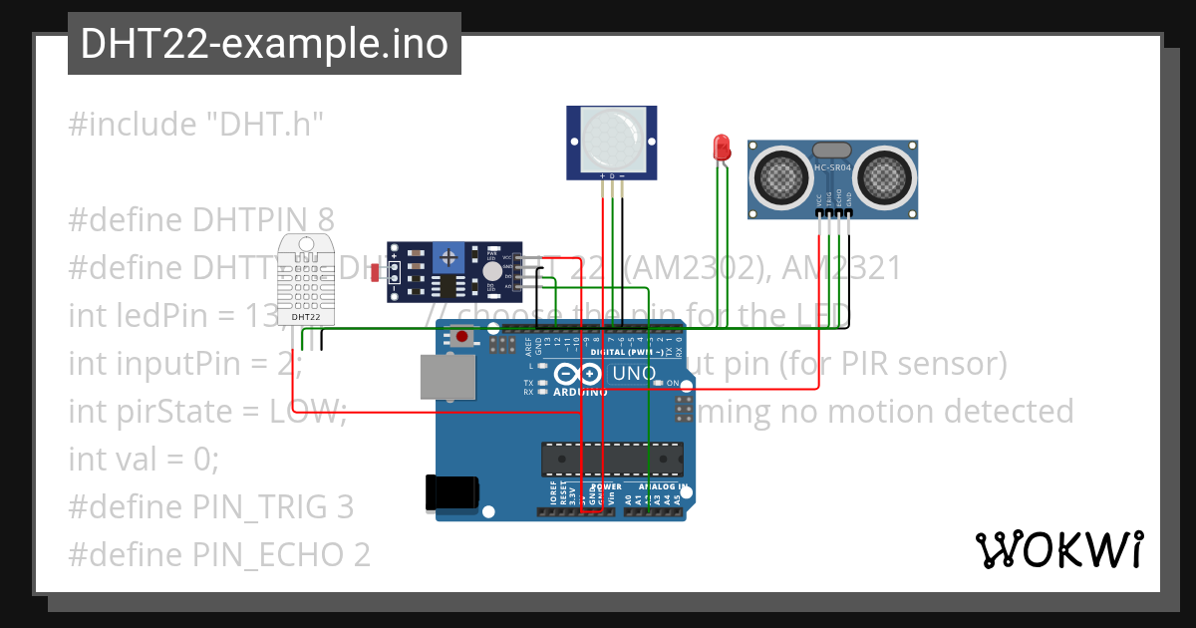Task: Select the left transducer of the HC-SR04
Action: click(x=781, y=177)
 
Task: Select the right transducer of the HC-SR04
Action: click(x=883, y=177)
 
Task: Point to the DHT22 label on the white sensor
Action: click(x=305, y=318)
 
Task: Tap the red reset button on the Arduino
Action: click(x=461, y=338)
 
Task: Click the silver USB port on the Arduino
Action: click(x=448, y=377)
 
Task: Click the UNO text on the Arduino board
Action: click(x=632, y=374)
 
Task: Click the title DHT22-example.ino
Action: click(x=264, y=44)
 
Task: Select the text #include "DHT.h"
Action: click(x=196, y=125)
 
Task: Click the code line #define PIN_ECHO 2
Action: click(x=219, y=554)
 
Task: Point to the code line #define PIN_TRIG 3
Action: click(x=211, y=506)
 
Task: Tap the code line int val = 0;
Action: click(x=144, y=459)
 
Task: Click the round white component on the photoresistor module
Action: click(x=491, y=271)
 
